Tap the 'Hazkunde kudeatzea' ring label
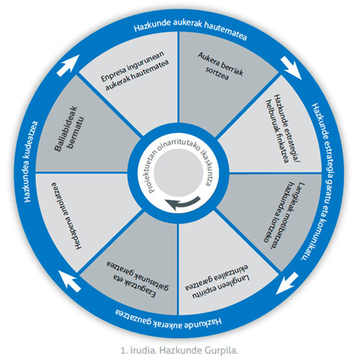click(30, 161)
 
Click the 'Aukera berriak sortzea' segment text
click(220, 66)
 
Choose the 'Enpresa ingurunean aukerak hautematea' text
click(134, 70)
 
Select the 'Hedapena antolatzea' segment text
click(66, 216)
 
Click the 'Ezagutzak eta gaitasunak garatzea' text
click(137, 279)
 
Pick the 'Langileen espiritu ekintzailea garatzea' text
click(216, 282)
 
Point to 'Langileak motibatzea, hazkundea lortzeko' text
click(284, 212)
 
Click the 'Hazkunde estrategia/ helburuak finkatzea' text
click(281, 128)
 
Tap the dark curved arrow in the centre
click(183, 204)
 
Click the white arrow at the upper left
click(68, 65)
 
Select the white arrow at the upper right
click(291, 67)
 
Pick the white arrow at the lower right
click(287, 284)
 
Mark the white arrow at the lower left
click(70, 281)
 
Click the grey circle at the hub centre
click(179, 173)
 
